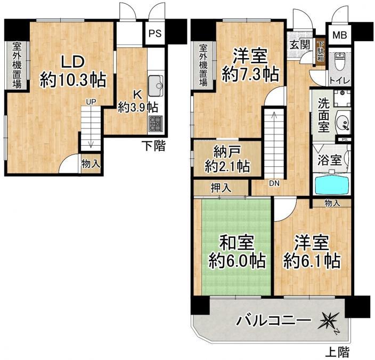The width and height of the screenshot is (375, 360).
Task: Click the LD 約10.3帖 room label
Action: (73, 70)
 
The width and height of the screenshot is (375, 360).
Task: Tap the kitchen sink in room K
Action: (156, 84)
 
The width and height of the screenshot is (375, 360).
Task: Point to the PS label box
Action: (155, 34)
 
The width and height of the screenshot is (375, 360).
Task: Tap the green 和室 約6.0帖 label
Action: (236, 251)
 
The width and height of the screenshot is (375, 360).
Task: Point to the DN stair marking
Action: (274, 184)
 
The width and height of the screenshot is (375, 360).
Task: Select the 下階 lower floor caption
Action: (152, 145)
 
